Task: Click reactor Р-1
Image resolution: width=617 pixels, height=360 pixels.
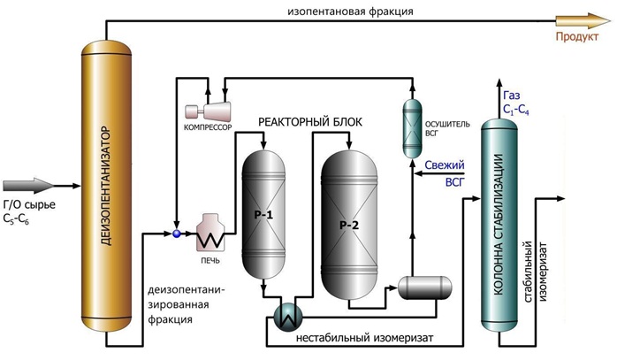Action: coord(263,214)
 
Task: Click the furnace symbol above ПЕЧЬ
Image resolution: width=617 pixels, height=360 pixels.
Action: coord(215,233)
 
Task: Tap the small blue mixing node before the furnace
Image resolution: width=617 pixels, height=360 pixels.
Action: coord(176,234)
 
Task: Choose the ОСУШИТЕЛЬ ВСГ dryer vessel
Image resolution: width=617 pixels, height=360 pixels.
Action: coord(411,128)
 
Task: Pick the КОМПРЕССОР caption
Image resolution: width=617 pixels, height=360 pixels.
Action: coord(207,128)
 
